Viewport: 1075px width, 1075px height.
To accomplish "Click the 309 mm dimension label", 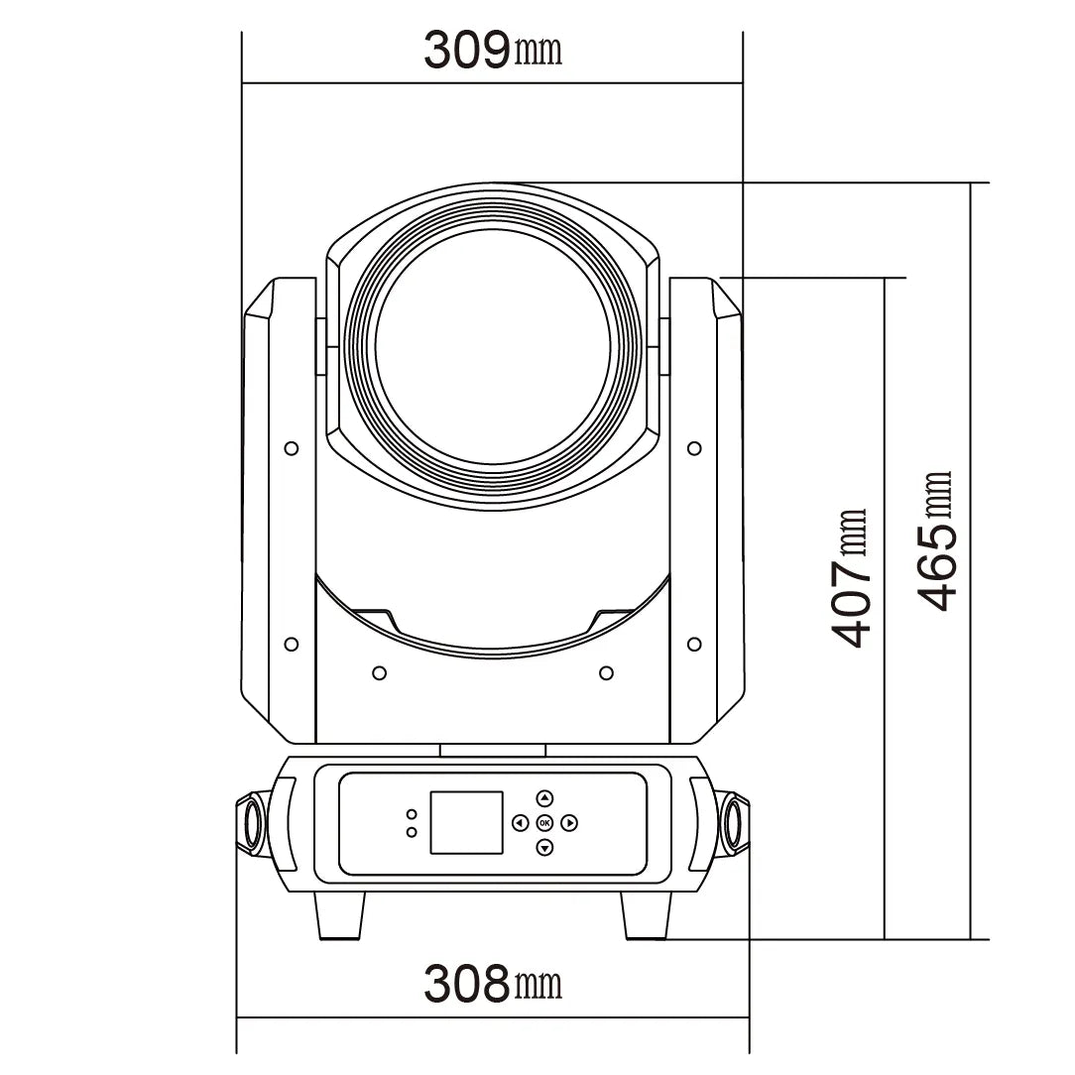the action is [493, 50].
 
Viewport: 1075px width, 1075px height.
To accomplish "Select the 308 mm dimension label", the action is [493, 983].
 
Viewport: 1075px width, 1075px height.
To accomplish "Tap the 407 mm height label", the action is [850, 578].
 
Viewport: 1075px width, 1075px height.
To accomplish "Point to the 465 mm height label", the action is [934, 540].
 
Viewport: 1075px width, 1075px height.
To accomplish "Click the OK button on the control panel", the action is [545, 823].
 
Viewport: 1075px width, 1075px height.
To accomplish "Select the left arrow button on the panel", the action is [520, 823].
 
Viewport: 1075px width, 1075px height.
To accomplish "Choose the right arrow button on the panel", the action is [569, 823].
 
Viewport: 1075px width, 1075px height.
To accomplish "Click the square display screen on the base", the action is [466, 823].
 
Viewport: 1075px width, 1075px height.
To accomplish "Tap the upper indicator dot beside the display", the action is [412, 814].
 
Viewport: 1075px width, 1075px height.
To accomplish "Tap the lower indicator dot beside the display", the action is [412, 832].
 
